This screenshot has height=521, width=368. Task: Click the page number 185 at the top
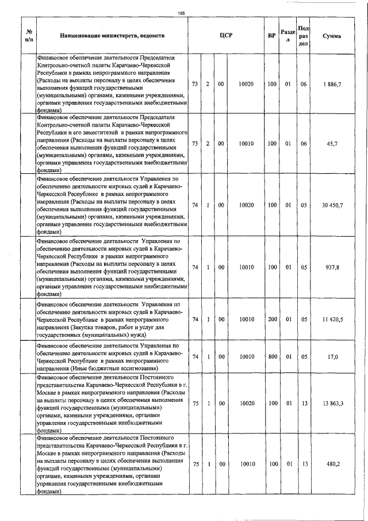click(x=182, y=13)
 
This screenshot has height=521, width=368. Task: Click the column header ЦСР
click(x=226, y=36)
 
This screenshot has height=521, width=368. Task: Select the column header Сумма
click(x=332, y=36)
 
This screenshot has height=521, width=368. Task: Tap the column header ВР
click(x=271, y=36)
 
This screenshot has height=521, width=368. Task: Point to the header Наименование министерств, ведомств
click(x=112, y=36)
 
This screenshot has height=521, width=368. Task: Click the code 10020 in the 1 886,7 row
click(x=246, y=84)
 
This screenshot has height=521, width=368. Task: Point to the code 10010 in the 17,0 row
click(x=246, y=356)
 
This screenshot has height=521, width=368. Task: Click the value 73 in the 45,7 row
click(x=195, y=143)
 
